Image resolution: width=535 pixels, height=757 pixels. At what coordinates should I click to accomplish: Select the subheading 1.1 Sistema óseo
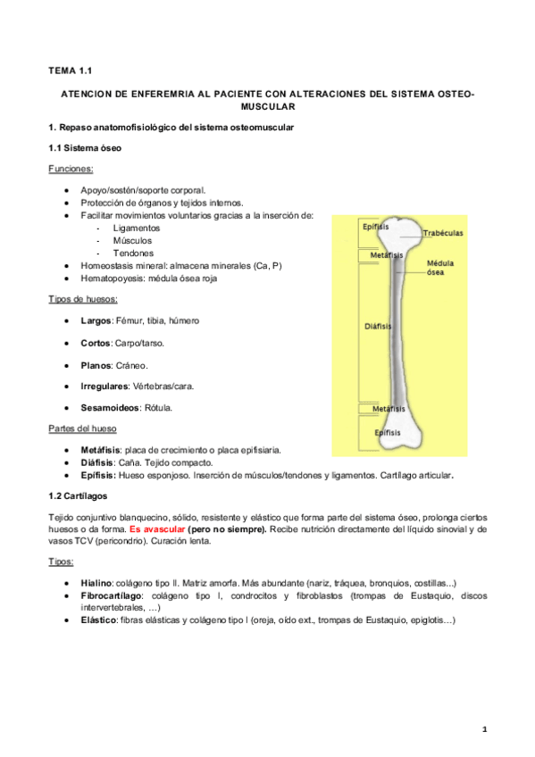coord(84,146)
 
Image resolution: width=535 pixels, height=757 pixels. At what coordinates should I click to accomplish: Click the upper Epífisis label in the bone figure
coord(375,227)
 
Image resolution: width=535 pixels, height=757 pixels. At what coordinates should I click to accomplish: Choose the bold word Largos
coord(96,320)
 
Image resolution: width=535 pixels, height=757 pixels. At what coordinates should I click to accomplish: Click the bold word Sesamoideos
coord(111,407)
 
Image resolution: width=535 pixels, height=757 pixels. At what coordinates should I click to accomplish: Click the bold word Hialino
coord(97,580)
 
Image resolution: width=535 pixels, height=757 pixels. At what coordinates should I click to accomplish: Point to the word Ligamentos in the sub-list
coord(136,228)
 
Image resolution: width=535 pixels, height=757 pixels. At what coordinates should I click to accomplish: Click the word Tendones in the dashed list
coord(133,253)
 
